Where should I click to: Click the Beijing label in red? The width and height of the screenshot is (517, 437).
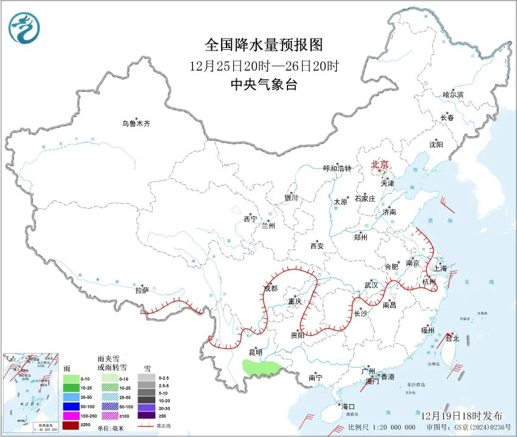(379, 164)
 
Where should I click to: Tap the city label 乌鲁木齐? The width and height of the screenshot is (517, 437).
(135, 124)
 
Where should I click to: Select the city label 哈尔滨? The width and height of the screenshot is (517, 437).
(452, 95)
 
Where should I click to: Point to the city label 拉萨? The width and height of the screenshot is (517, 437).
(142, 291)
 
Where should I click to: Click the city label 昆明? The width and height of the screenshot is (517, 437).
(255, 352)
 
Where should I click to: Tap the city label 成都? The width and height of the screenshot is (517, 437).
(270, 288)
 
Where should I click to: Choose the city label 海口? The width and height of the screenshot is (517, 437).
(347, 407)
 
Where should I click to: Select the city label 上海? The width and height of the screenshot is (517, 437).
(440, 268)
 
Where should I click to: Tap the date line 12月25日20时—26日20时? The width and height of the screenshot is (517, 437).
(263, 66)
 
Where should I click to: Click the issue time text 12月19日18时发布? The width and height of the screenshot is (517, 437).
(462, 416)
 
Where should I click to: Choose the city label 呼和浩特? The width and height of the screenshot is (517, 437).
(337, 169)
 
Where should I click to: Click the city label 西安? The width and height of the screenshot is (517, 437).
(317, 246)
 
